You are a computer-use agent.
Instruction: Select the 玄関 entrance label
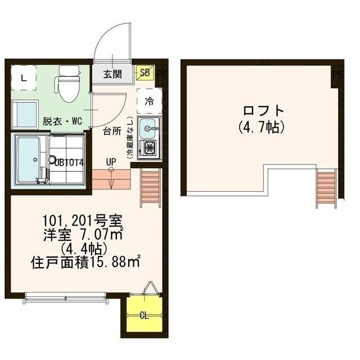coord(114,74)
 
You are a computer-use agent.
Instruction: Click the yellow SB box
coord(145,73)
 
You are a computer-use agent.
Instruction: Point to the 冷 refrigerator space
coord(149,101)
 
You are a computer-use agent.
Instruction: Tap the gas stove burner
coord(150,148)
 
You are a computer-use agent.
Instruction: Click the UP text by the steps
coord(111,162)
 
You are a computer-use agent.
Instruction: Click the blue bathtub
coord(26,159)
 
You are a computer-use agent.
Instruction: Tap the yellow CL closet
coord(144,315)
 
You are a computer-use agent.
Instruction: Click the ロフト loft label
coord(260,110)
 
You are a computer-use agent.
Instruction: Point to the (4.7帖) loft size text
coord(260,126)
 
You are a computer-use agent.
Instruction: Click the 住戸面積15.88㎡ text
coord(85,262)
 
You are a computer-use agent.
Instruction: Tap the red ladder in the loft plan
coord(326,188)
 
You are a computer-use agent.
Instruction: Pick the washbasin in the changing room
coord(24,114)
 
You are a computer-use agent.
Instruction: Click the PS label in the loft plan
coord(336,74)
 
